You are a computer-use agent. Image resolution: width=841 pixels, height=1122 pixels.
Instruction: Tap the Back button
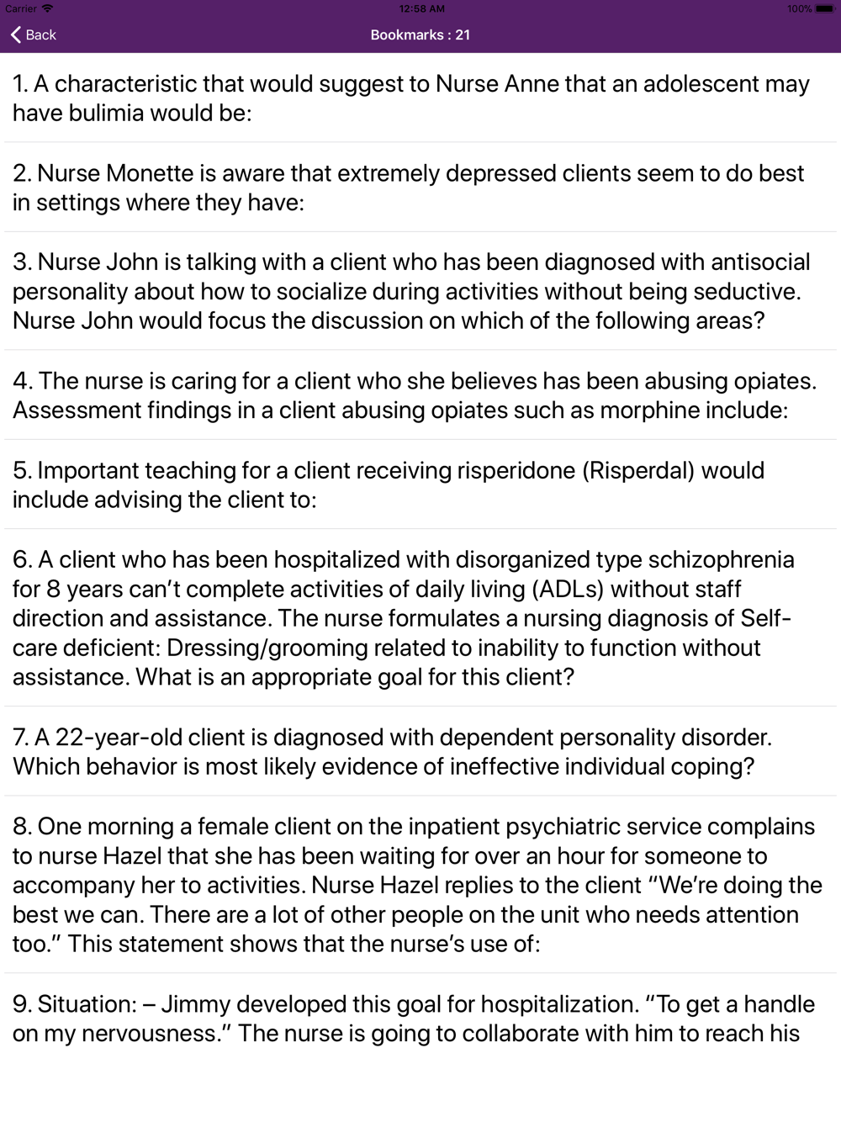[34, 34]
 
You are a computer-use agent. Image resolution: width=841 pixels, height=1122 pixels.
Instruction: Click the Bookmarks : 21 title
[420, 34]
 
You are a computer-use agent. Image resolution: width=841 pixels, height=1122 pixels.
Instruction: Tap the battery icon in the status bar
[824, 9]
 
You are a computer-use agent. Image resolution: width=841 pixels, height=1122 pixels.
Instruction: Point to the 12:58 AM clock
[421, 9]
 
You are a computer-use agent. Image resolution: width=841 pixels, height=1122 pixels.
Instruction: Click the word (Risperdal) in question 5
[638, 470]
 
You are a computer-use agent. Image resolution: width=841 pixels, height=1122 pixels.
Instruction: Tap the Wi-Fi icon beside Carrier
[48, 9]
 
